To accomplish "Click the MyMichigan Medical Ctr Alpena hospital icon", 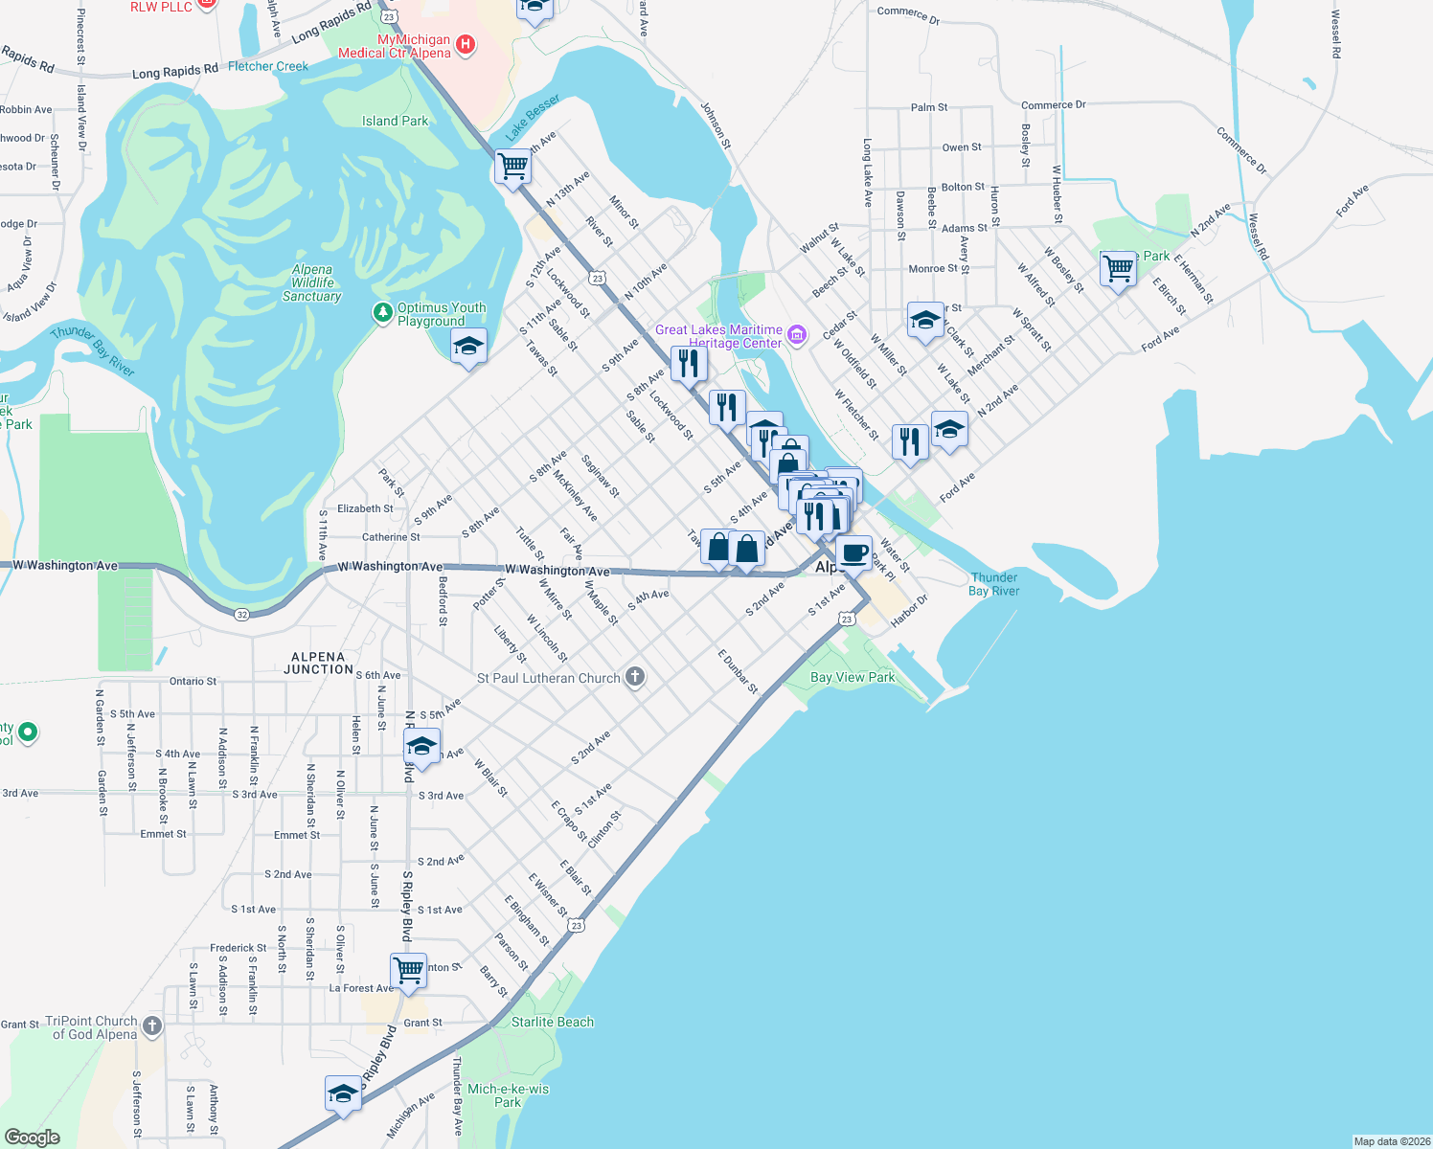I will click(x=466, y=44).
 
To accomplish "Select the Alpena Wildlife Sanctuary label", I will click(x=312, y=283).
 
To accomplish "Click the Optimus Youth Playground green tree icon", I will click(x=383, y=312).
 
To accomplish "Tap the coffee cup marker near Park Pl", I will click(x=853, y=552).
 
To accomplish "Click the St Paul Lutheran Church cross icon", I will click(x=634, y=678).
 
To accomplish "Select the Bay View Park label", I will click(x=853, y=677).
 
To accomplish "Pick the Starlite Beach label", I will click(x=552, y=1022).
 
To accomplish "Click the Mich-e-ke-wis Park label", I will click(x=508, y=1095).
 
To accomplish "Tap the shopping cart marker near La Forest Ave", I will click(x=408, y=970).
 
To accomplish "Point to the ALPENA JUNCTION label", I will click(x=318, y=664).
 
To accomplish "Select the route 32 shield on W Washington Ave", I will click(x=241, y=615).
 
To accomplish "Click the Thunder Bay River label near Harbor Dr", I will click(x=993, y=584).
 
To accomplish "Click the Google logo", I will click(x=33, y=1138).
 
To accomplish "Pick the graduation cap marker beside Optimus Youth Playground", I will click(x=468, y=347).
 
